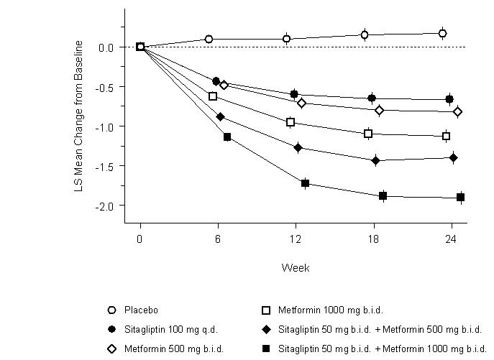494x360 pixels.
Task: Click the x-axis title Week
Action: click(296, 267)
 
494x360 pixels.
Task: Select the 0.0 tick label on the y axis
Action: click(106, 47)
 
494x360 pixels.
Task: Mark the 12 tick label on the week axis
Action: click(295, 238)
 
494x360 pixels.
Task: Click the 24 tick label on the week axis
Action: click(451, 238)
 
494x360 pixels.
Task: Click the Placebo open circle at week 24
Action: click(443, 33)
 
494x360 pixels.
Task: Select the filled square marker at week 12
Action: click(305, 184)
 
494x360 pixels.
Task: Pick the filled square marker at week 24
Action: click(460, 198)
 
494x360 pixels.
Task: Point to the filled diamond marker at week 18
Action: click(375, 161)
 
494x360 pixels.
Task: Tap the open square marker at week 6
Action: click(213, 96)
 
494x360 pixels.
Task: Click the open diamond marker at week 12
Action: click(302, 103)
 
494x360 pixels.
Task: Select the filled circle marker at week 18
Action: click(372, 98)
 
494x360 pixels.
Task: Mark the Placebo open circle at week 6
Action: click(209, 39)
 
